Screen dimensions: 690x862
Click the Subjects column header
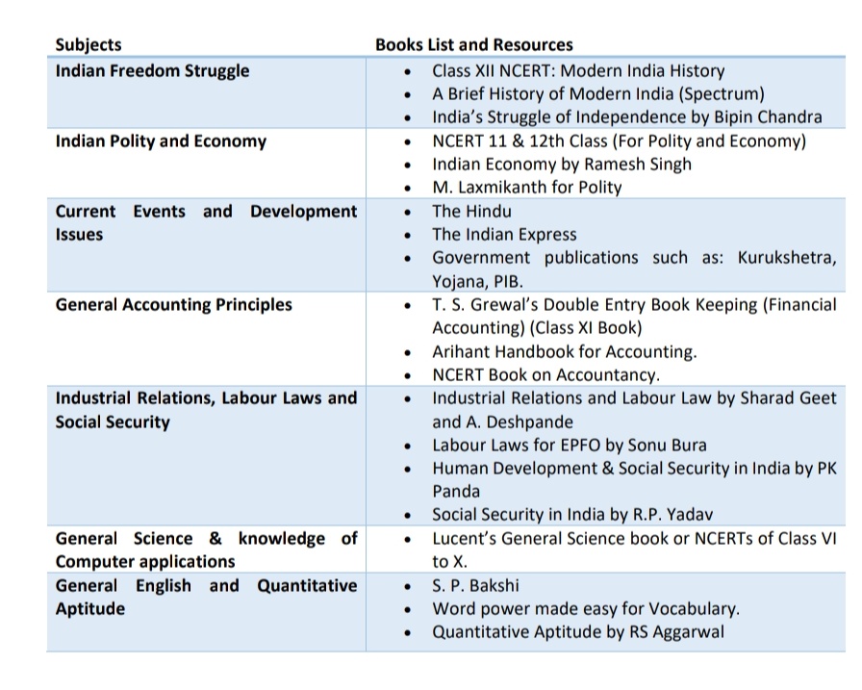point(89,44)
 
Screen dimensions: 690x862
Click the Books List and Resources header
point(473,44)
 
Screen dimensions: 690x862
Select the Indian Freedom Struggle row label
point(152,70)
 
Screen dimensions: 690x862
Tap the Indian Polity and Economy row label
point(161,141)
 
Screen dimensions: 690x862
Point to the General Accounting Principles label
point(173,304)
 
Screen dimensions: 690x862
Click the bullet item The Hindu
point(471,211)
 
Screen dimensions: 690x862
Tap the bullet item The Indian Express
point(504,234)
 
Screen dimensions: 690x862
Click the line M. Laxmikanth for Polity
point(526,187)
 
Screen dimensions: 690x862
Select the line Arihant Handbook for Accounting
point(564,351)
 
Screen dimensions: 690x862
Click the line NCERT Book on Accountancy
point(545,374)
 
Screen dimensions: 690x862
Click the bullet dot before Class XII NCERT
point(410,71)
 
